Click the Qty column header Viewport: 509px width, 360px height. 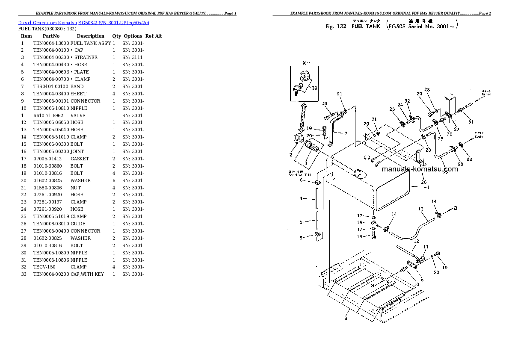click(x=117, y=36)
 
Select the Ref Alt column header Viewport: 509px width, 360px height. click(x=154, y=36)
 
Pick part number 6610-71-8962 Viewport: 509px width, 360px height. click(x=48, y=115)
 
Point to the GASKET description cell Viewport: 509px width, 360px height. click(x=80, y=159)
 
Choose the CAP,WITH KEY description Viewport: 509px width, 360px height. click(x=87, y=274)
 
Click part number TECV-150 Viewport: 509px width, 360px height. click(x=44, y=267)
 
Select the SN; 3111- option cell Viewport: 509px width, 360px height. click(x=133, y=57)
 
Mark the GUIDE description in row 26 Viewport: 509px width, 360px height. click(x=78, y=224)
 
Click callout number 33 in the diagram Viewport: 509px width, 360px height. click(x=314, y=89)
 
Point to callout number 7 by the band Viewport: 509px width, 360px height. click(x=346, y=133)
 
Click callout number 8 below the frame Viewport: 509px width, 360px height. click(x=346, y=318)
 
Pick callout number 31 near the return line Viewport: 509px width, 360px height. click(x=471, y=122)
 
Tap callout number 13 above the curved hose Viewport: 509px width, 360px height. click(x=420, y=209)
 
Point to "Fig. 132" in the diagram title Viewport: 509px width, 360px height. click(x=336, y=27)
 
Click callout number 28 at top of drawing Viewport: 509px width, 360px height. click(x=427, y=90)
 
